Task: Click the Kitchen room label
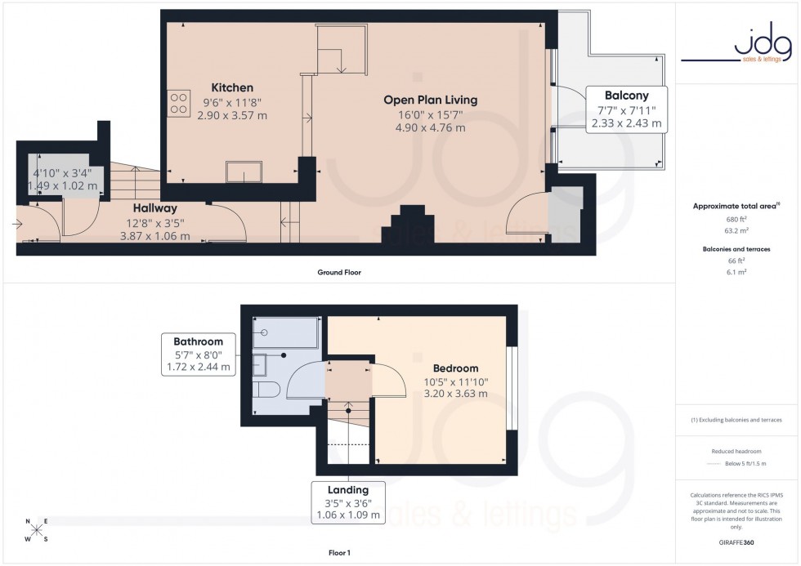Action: coord(232,87)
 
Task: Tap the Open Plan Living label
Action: coord(430,100)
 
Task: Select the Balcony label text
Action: coord(627,96)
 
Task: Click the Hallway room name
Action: coord(154,208)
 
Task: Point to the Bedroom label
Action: coord(455,368)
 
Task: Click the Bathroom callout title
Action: coord(198,341)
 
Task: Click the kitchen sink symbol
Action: coord(244,172)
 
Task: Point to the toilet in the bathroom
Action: coord(264,389)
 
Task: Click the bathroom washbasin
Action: coord(261,363)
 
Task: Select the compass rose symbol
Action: coord(37,530)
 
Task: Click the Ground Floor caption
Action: coord(339,272)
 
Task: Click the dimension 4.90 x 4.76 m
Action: coord(430,127)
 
